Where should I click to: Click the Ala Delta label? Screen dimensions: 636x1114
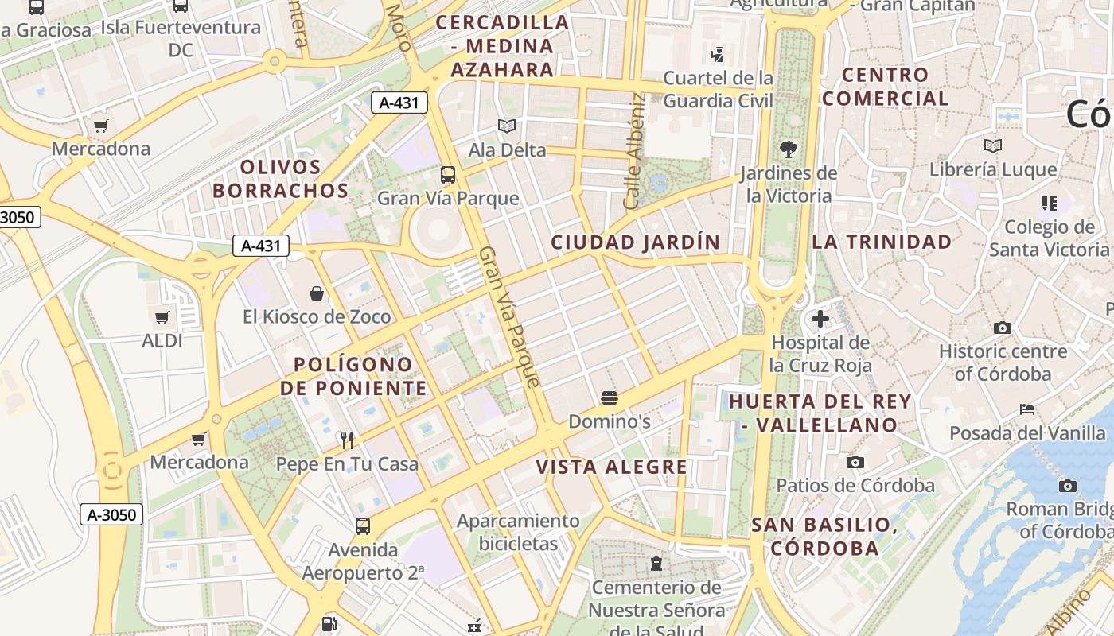point(507,149)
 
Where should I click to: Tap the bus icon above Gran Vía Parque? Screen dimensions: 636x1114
point(448,174)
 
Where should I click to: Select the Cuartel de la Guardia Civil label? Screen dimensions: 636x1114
point(719,89)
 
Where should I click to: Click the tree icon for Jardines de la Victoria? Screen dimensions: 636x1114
point(789,149)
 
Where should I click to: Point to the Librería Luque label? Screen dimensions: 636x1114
point(993,169)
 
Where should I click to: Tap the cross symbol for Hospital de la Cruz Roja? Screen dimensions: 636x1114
point(820,320)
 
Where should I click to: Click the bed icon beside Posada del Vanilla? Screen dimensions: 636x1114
point(1027,409)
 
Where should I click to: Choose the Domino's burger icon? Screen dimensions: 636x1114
point(610,397)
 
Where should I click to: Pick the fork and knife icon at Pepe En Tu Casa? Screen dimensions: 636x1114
point(346,440)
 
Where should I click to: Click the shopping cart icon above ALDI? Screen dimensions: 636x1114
point(162,318)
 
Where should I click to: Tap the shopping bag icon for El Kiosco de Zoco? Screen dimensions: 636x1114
point(317,293)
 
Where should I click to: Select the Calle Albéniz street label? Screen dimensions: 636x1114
point(633,151)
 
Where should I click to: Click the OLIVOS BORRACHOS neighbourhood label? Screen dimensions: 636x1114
point(280,179)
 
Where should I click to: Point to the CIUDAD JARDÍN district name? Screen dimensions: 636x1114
point(635,242)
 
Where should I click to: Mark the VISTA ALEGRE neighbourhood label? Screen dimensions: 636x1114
point(611,467)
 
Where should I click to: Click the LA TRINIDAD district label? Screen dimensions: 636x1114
point(882,242)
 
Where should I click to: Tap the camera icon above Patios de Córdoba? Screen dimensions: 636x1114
point(855,462)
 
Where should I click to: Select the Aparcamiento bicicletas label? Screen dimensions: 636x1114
point(518,532)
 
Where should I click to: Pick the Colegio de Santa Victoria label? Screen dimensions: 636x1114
point(1049,238)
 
